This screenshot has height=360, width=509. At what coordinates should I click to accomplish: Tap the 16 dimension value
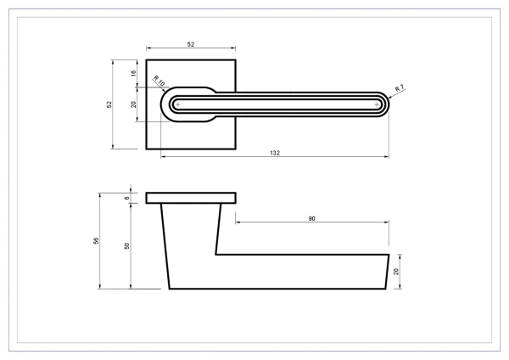133,73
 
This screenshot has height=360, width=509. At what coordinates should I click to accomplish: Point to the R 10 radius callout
159,81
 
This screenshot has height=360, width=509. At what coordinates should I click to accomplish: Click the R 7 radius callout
400,88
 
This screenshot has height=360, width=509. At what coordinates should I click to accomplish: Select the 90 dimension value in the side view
311,219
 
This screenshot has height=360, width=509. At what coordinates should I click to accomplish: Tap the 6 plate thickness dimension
127,198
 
